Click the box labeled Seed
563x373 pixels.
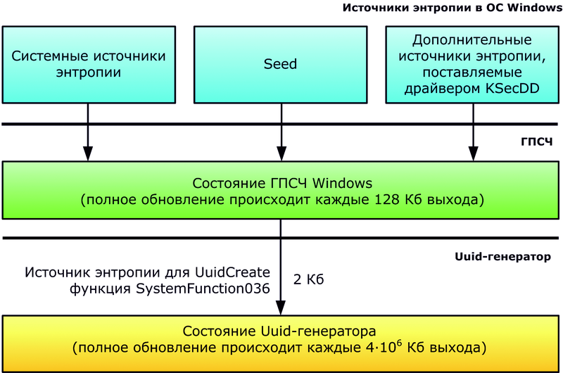pyautogui.click(x=280, y=64)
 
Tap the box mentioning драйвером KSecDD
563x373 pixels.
pyautogui.click(x=472, y=64)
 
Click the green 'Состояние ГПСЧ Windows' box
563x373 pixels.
pyautogui.click(x=281, y=190)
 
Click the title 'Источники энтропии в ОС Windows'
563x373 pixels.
pyautogui.click(x=450, y=8)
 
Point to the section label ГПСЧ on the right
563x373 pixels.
pyautogui.click(x=537, y=142)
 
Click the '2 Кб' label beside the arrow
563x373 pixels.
pyautogui.click(x=308, y=279)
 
